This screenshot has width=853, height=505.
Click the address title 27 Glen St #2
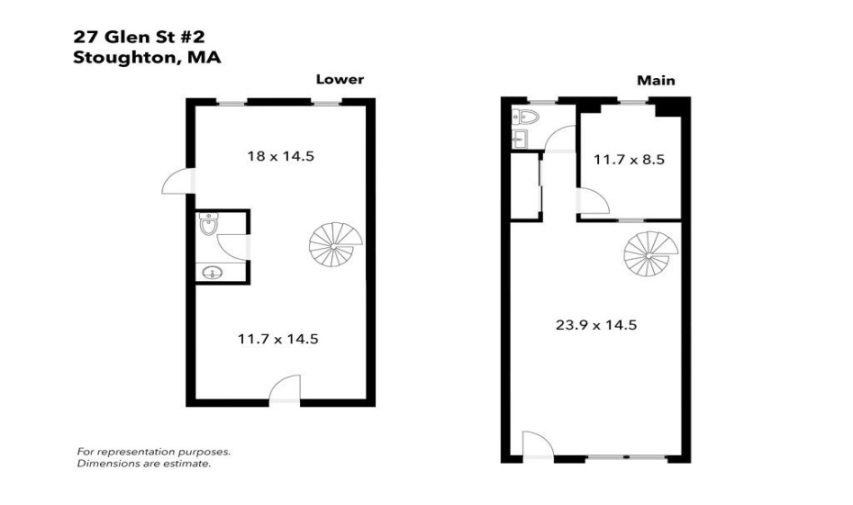138,38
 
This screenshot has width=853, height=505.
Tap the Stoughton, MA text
147,57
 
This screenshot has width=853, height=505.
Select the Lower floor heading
339,80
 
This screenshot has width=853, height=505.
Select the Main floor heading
656,81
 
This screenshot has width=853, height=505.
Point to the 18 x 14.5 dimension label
281,156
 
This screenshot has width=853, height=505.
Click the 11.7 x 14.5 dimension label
278,339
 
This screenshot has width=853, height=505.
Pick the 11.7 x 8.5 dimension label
628,160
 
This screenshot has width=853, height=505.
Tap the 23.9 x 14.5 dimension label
596,324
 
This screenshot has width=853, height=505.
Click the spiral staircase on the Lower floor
336,245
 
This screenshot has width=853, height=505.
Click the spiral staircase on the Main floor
651,255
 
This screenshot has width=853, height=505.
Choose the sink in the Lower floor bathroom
213,273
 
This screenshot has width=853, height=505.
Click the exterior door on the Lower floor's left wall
176,182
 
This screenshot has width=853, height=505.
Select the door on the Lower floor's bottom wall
285,389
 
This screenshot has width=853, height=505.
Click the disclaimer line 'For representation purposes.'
153,452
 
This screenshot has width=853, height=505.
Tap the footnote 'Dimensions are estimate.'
144,464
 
